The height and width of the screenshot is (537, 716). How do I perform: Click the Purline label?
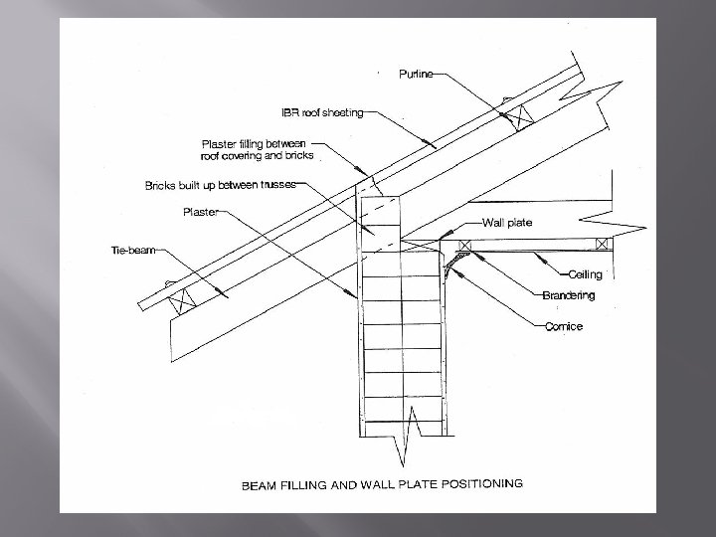pos(416,75)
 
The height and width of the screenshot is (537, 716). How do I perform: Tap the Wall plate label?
pos(507,223)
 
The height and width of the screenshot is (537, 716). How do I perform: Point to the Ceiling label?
pos(585,273)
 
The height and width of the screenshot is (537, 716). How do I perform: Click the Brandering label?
pos(569,295)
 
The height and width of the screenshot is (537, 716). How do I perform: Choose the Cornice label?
pos(563,326)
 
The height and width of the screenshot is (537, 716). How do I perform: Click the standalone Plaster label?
pos(201,211)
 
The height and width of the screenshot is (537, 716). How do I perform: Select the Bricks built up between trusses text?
pos(220,185)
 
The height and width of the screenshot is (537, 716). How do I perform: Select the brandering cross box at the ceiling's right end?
pos(603,244)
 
